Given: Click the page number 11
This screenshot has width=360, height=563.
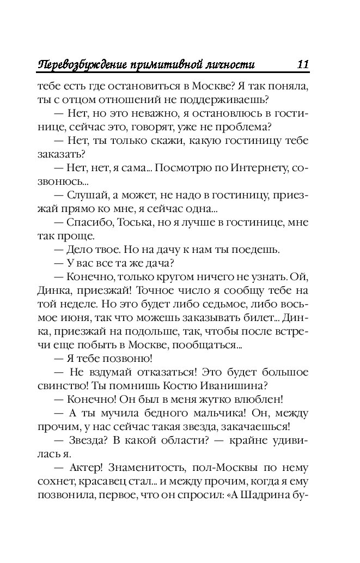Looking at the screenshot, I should coord(303,64).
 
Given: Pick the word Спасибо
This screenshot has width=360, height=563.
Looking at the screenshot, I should coord(86,223).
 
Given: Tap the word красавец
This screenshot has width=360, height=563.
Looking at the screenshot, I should coord(102,483).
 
